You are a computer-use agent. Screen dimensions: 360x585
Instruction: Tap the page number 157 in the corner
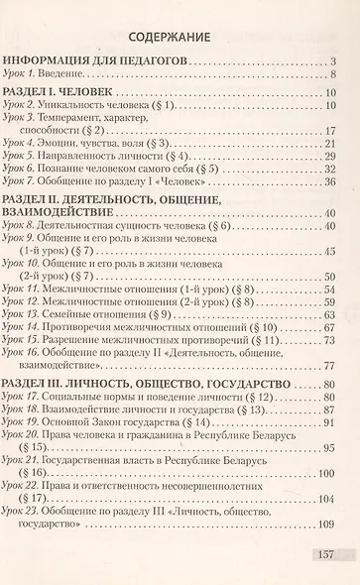tap(327, 560)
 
